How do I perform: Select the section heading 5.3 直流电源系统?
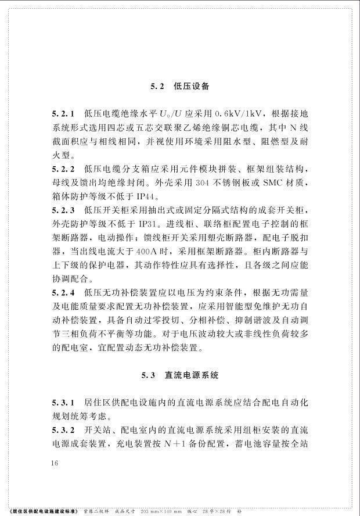click(x=179, y=375)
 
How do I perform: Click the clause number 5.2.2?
click(x=64, y=169)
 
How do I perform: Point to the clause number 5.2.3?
click(x=64, y=210)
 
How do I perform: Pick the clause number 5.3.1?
click(x=64, y=403)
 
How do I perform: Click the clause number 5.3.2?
click(x=64, y=431)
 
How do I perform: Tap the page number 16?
click(x=55, y=463)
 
